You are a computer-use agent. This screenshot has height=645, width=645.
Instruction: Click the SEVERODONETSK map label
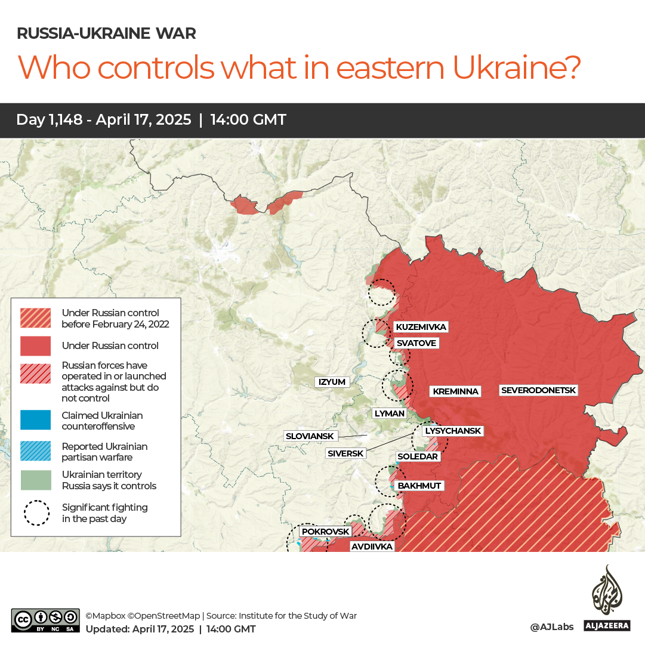(x=539, y=390)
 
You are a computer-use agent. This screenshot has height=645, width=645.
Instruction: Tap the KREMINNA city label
(x=455, y=391)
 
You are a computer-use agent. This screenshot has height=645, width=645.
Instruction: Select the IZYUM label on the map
(x=332, y=382)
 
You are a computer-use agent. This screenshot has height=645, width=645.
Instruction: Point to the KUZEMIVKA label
(x=421, y=327)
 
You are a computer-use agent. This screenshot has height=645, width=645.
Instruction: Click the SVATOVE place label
(x=416, y=343)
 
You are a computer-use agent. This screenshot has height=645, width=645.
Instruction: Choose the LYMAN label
(x=389, y=413)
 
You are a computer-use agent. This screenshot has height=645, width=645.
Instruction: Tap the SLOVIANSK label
(x=310, y=436)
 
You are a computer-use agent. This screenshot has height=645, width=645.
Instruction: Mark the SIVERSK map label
(x=345, y=453)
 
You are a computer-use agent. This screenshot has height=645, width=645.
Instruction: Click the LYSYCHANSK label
(x=452, y=431)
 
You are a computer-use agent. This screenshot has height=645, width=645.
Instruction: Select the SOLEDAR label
(x=418, y=456)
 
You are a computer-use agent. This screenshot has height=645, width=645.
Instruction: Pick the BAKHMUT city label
(x=419, y=486)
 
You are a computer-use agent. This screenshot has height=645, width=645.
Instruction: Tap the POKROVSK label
(x=325, y=531)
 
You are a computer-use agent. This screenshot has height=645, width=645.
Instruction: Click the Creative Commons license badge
(x=45, y=621)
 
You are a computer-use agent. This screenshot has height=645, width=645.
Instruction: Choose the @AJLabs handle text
(x=551, y=627)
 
